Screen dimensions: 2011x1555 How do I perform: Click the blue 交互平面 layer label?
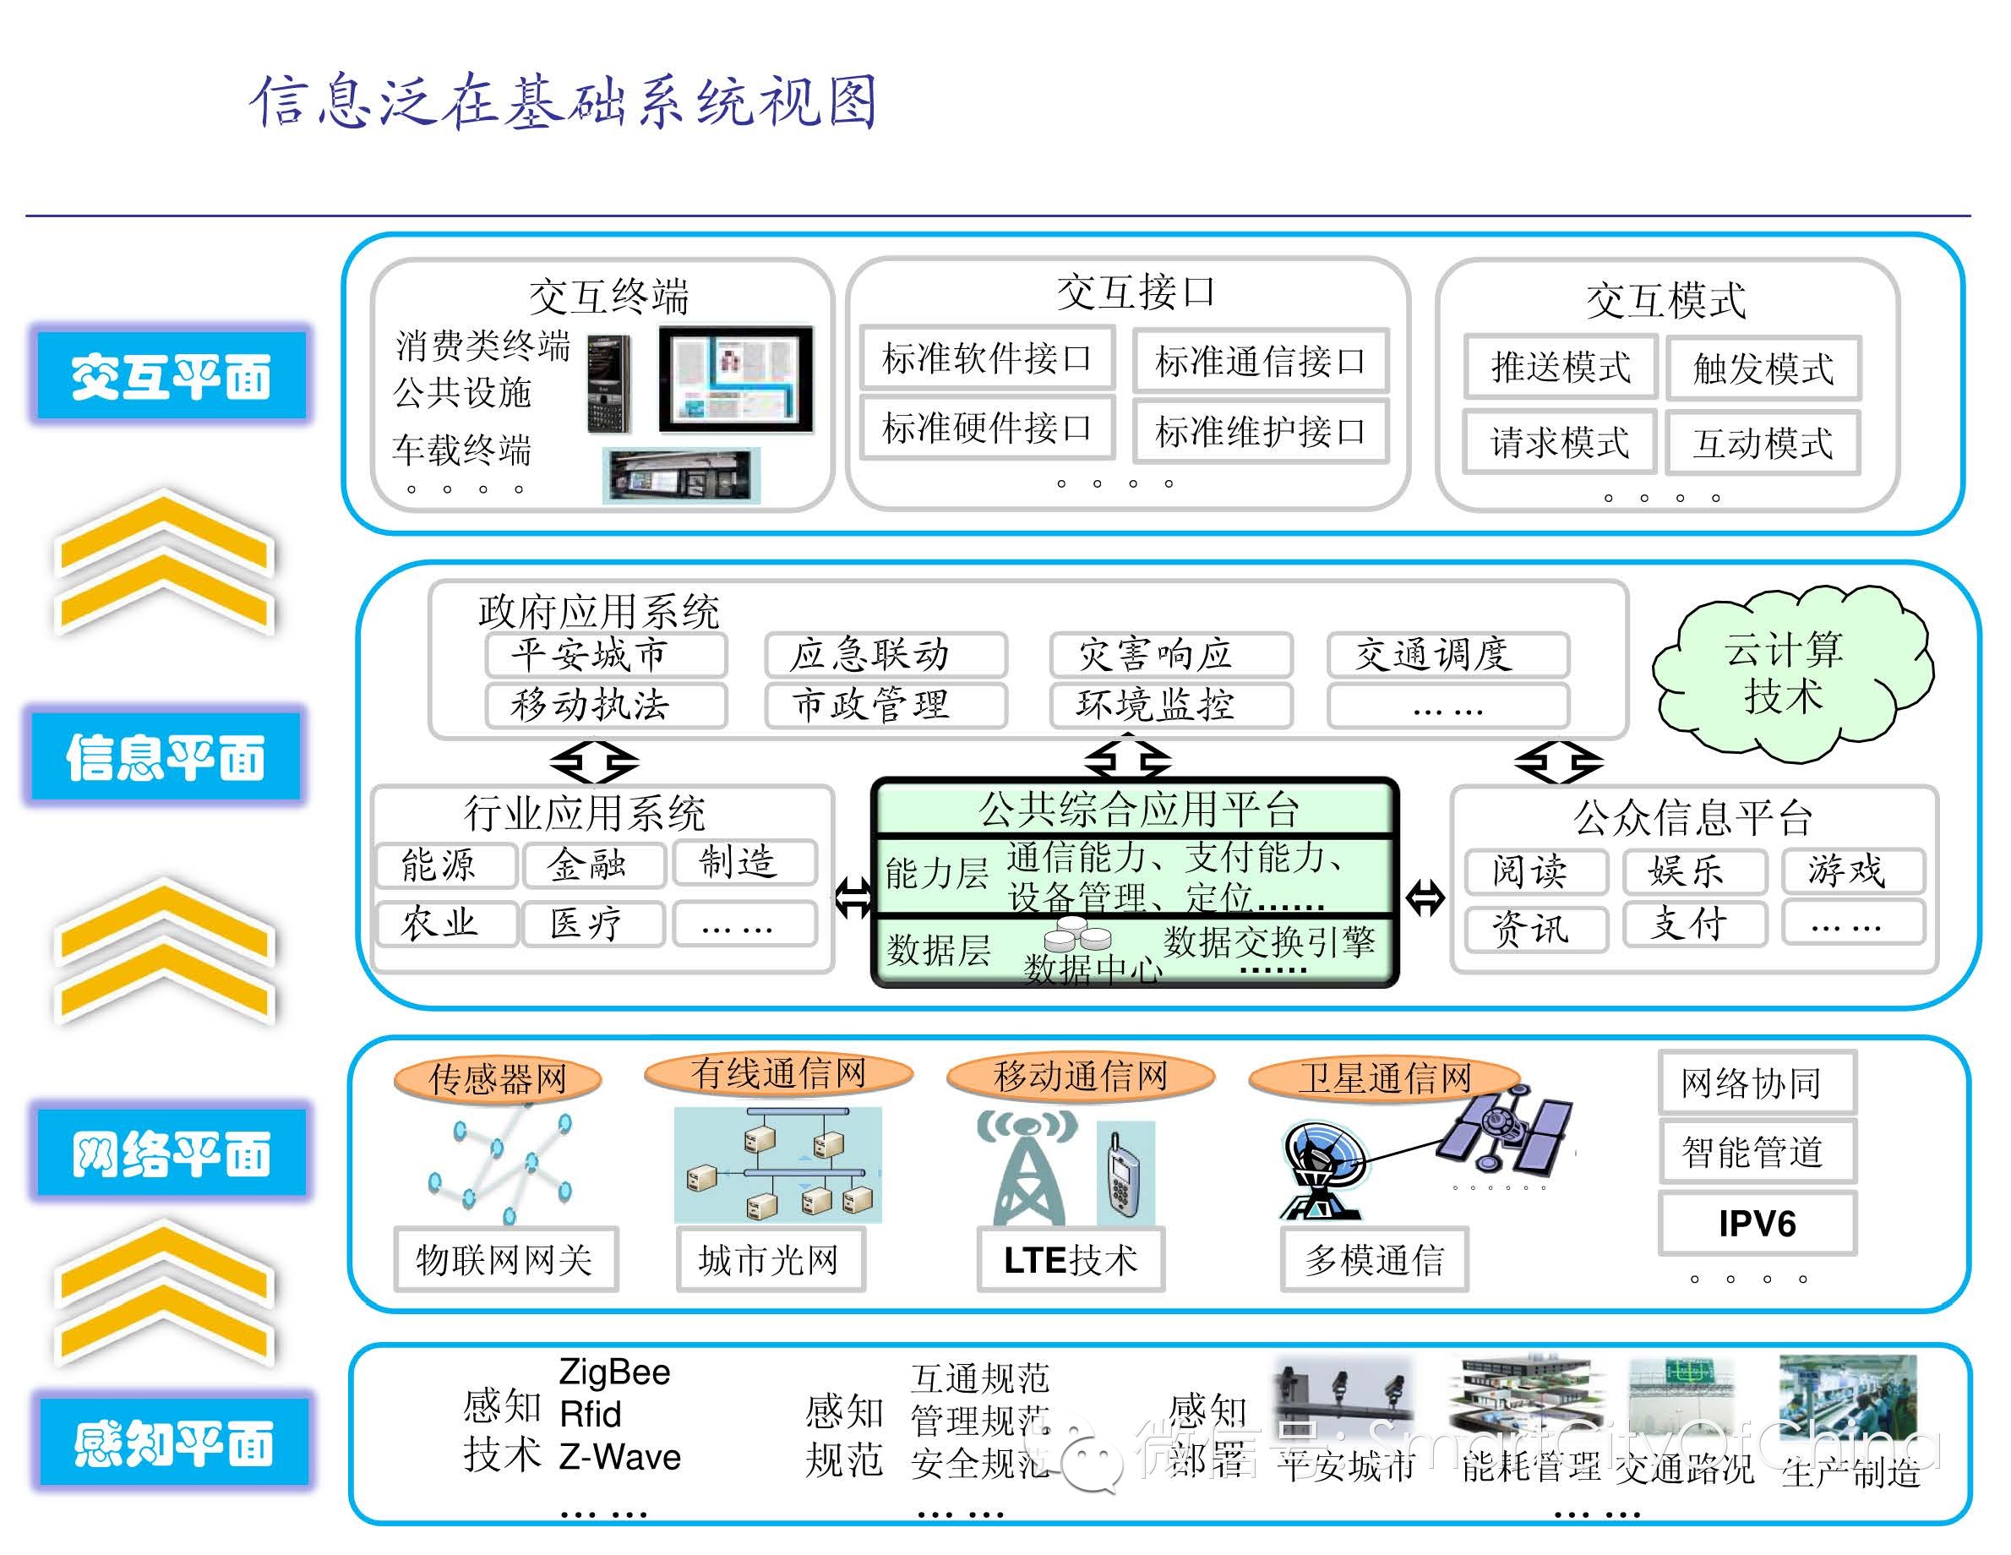171,376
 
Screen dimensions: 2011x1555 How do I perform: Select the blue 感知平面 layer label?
173,1443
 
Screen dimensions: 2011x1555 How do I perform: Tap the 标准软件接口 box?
986,357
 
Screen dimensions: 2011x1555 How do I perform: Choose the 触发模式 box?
1763,368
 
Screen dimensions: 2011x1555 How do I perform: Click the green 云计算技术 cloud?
1786,673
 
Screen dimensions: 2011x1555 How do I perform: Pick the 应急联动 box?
884,654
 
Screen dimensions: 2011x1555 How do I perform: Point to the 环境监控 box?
1170,705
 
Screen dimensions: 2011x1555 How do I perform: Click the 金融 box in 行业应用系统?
593,864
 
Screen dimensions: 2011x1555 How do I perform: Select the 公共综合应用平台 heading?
1136,809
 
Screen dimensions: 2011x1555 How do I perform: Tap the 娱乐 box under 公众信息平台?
1694,870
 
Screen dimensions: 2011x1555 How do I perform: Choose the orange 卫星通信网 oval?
1384,1076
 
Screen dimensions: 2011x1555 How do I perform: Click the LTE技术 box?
1070,1259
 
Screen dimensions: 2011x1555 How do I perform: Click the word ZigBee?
614,1372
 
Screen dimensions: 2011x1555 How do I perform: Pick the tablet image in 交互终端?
736,379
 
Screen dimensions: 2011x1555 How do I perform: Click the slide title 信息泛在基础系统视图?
564,101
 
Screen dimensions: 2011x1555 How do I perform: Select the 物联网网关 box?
504,1259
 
